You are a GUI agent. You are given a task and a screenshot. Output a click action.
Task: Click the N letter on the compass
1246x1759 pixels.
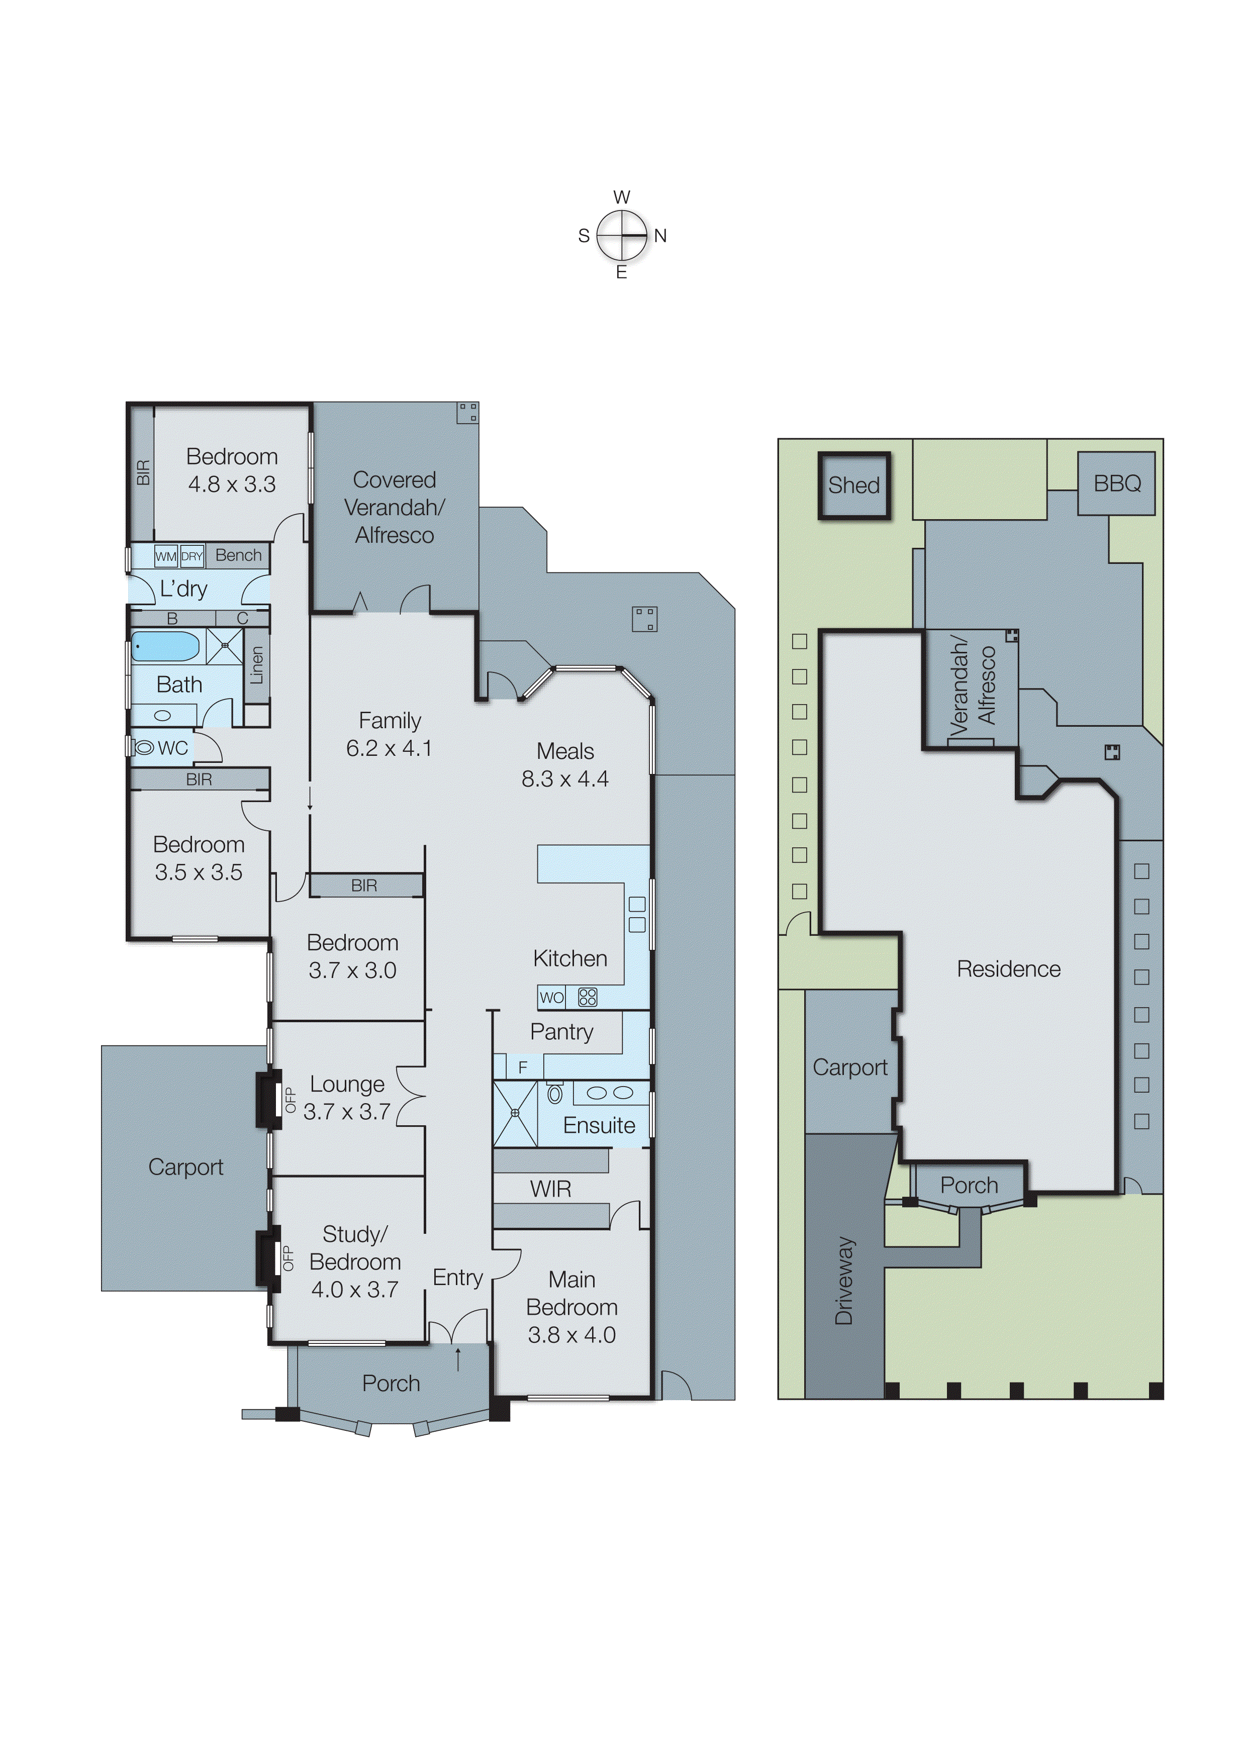(x=660, y=236)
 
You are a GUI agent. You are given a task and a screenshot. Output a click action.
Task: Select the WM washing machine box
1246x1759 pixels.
(x=166, y=556)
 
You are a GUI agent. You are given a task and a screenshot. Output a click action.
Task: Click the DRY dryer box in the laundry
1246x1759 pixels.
(x=192, y=556)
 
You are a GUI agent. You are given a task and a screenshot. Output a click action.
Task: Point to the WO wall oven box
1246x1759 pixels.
(x=551, y=997)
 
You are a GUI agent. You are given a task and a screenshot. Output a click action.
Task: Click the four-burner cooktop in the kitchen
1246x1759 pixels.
(x=588, y=997)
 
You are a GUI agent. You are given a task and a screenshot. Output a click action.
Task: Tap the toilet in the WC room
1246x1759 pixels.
(x=143, y=747)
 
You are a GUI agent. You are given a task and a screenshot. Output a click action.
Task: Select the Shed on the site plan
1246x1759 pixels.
(x=853, y=485)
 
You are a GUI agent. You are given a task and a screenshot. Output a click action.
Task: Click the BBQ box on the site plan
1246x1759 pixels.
(x=1116, y=483)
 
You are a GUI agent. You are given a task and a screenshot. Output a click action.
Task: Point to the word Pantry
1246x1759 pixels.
(x=561, y=1032)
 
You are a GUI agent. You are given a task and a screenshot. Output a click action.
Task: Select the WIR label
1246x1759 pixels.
(x=550, y=1189)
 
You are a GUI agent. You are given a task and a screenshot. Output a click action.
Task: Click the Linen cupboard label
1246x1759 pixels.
(x=257, y=665)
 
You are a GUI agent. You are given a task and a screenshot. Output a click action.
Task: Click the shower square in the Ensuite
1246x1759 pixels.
(x=515, y=1112)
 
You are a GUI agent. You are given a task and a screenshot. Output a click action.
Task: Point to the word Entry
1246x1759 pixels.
(x=457, y=1277)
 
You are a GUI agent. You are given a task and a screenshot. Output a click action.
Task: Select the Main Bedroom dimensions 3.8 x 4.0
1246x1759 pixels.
(x=571, y=1335)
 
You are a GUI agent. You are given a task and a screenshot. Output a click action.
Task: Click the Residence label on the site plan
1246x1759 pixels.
(x=1008, y=969)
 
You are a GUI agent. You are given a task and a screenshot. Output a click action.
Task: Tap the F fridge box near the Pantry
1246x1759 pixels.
(x=523, y=1067)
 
